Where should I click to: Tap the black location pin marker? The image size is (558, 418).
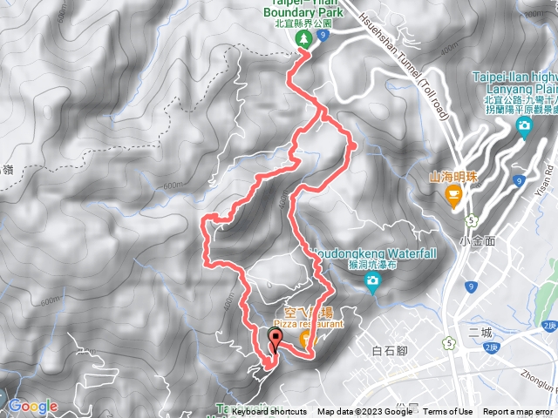277,340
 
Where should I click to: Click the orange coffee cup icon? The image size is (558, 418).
453,198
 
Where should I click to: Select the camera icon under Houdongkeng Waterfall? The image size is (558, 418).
372,280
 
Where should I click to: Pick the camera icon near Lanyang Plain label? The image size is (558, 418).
524,128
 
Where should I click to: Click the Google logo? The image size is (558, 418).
32,406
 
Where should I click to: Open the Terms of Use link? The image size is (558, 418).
448,412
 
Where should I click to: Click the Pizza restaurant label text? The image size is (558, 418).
309,323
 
